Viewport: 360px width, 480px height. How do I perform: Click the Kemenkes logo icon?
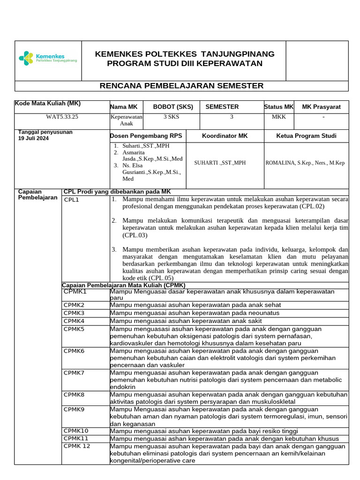pos(26,58)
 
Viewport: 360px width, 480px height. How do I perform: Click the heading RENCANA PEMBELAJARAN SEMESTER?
pos(182,86)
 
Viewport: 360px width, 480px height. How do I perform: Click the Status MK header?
pos(278,107)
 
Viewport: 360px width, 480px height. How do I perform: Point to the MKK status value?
pos(278,117)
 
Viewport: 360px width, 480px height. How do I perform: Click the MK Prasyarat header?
pos(321,107)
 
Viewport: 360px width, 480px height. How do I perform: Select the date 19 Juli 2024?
pos(33,138)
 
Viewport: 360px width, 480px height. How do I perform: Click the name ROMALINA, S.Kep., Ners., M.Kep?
pos(305,163)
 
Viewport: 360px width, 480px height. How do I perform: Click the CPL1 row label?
pos(72,200)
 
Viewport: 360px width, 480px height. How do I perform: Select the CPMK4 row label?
pos(74,321)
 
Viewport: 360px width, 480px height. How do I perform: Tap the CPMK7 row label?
pos(74,372)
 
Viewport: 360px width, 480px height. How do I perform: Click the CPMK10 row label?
pos(76,431)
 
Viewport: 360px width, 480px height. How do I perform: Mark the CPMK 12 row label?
pos(77,446)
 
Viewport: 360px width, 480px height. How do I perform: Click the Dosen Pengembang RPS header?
pos(145,136)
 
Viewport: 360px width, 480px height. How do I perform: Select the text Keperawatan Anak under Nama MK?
pos(127,120)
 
